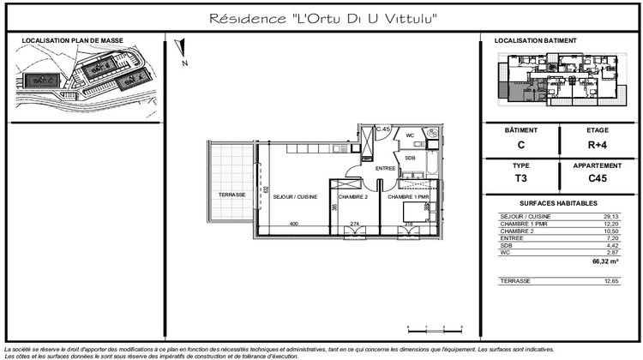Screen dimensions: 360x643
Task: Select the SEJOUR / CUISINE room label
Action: pyautogui.click(x=293, y=197)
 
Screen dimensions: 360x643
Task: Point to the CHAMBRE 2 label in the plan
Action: pyautogui.click(x=352, y=197)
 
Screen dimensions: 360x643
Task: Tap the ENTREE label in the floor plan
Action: pyautogui.click(x=385, y=168)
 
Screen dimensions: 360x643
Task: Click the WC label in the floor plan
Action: pyautogui.click(x=410, y=135)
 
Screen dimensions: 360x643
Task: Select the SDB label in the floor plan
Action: pyautogui.click(x=410, y=158)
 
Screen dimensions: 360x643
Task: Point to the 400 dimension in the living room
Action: pyautogui.click(x=293, y=225)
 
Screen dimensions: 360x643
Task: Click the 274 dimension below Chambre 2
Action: pyautogui.click(x=355, y=225)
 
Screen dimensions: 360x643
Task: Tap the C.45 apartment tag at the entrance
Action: pyautogui.click(x=384, y=129)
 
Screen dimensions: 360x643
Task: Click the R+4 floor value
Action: pyautogui.click(x=597, y=145)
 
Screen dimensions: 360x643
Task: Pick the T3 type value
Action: pyautogui.click(x=520, y=179)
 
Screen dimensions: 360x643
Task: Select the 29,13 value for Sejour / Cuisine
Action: pyautogui.click(x=610, y=216)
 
